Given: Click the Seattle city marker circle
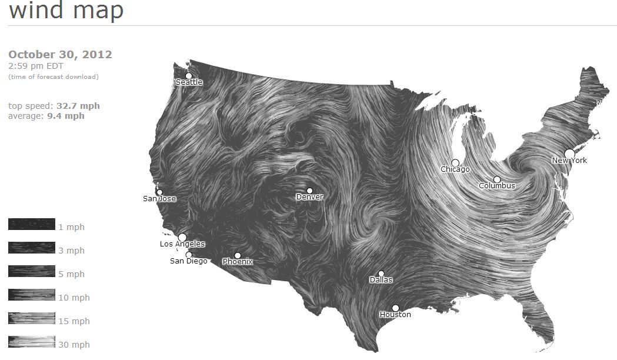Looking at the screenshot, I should tap(189, 75).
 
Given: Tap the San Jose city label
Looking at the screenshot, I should tap(159, 199).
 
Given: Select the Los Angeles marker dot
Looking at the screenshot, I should tap(182, 237).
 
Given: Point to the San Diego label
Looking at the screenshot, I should tap(188, 261).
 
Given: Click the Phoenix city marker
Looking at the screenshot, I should tap(238, 255).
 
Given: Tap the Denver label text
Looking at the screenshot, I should tap(309, 197).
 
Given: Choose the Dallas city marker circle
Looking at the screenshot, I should tap(381, 273).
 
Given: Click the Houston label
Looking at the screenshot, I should tap(395, 315).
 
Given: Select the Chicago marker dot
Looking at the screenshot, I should tap(455, 162).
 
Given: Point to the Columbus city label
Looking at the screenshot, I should tap(497, 186).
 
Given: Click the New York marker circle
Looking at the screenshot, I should tap(569, 154).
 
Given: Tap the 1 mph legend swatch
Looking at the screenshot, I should tap(32, 224).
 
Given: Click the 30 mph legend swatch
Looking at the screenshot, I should tap(32, 342).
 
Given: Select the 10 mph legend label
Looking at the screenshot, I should tap(74, 298).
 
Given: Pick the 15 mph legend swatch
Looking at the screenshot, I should tap(32, 318).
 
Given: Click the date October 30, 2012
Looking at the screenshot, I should tap(60, 55).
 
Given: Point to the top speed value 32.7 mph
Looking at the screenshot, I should tap(78, 106).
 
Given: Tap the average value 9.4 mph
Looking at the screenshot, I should tap(66, 116).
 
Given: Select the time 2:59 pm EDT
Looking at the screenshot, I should tap(36, 66).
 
